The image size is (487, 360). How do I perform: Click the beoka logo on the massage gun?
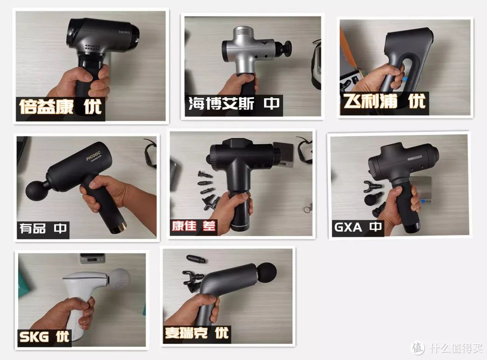pyautogui.click(x=124, y=32)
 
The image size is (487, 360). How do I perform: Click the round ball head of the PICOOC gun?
pyautogui.click(x=37, y=189)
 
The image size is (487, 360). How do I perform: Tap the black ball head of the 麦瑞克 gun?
pyautogui.click(x=266, y=273)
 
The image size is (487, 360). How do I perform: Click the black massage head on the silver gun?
pyautogui.click(x=284, y=50)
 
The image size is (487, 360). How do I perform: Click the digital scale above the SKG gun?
pyautogui.click(x=92, y=258)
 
